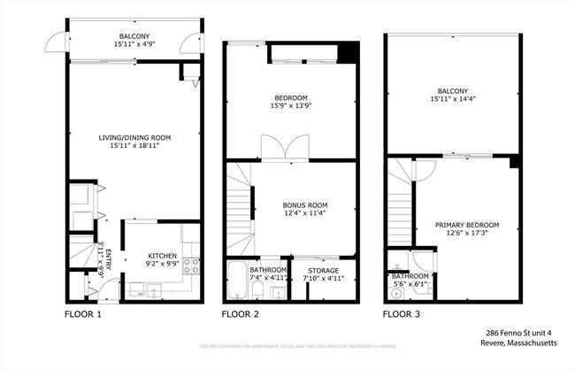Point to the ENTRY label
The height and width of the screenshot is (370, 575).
pyautogui.click(x=109, y=261)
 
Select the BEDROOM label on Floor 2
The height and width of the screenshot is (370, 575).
pyautogui.click(x=290, y=97)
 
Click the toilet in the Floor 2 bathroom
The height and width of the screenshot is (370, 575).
pyautogui.click(x=276, y=292)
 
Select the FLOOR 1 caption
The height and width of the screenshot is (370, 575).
pyautogui.click(x=84, y=314)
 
